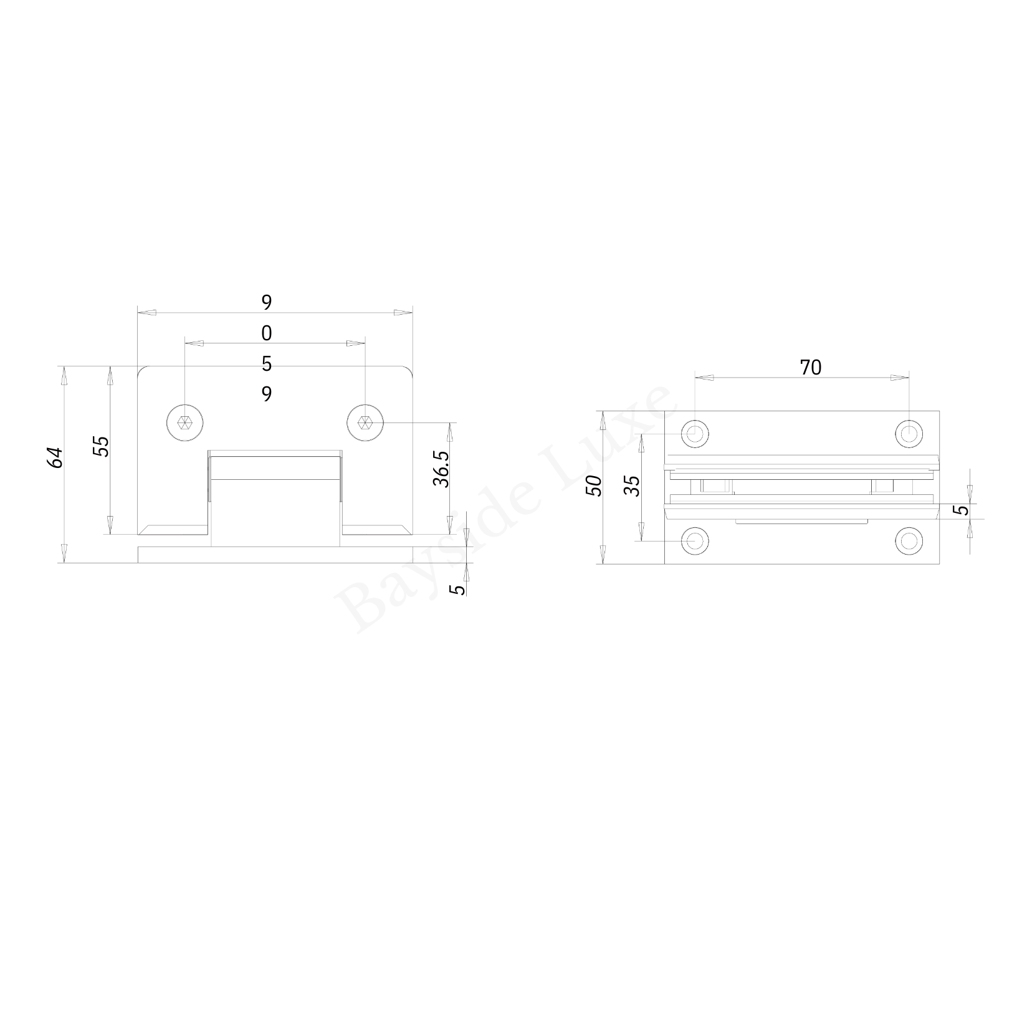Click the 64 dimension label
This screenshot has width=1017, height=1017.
(55, 458)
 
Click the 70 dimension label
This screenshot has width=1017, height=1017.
(810, 368)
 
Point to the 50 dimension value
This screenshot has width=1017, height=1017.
(594, 485)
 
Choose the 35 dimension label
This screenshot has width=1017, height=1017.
(632, 485)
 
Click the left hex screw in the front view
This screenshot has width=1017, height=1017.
(185, 423)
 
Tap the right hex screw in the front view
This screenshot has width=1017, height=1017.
(365, 423)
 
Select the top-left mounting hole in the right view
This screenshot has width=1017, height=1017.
(695, 432)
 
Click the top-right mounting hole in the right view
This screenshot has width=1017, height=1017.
(909, 432)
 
